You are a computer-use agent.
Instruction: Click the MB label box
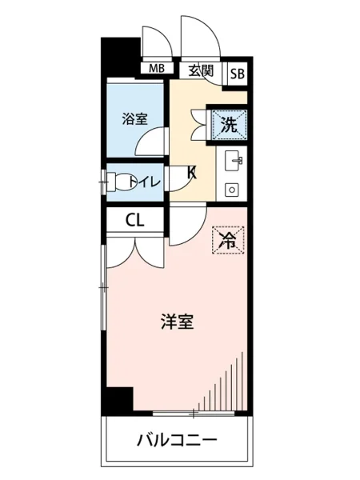(156, 69)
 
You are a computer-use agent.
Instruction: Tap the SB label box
(237, 74)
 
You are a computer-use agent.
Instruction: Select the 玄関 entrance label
(201, 70)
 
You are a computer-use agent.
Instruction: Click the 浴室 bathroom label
(134, 119)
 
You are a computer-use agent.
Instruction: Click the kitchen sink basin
(235, 161)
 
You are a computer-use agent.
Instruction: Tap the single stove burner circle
(232, 190)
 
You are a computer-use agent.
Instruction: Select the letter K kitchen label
(192, 170)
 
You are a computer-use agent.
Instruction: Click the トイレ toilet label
(147, 182)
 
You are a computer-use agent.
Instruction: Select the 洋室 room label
(177, 322)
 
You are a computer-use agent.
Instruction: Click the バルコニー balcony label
(177, 439)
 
